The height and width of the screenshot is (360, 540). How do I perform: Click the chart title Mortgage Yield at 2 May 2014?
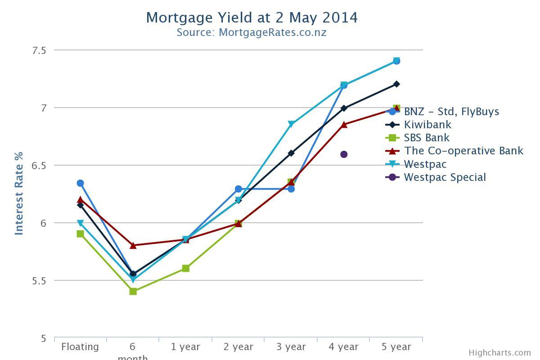pos(252,18)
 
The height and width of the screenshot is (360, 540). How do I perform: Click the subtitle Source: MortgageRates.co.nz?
pos(252,32)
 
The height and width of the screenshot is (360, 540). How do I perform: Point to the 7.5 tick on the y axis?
pos(39,50)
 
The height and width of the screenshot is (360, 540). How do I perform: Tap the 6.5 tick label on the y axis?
pos(39,166)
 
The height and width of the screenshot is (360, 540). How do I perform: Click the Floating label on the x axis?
pos(80,347)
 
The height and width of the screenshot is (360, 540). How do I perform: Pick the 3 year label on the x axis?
pos(291,347)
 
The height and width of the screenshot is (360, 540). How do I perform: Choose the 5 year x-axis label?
pos(396,347)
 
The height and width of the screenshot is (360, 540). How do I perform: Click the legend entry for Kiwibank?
pos(427,125)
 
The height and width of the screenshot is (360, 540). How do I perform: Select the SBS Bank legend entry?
pos(426,138)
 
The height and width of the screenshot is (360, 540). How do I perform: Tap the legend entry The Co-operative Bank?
pos(463,151)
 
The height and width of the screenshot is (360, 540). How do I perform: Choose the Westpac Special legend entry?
pos(445,177)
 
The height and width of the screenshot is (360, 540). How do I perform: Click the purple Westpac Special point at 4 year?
pos(344,154)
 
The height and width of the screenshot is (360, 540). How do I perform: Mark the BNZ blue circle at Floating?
pos(80,183)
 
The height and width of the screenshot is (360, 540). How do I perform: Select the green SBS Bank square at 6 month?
pos(133,292)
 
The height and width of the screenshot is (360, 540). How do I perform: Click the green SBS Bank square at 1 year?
pos(185,269)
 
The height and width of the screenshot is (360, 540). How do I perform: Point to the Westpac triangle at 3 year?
pos(291,124)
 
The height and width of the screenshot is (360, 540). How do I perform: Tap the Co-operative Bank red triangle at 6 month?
pos(133,245)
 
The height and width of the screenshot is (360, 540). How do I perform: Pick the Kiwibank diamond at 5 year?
pos(396,84)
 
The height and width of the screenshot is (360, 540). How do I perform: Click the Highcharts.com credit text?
pos(499,353)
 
